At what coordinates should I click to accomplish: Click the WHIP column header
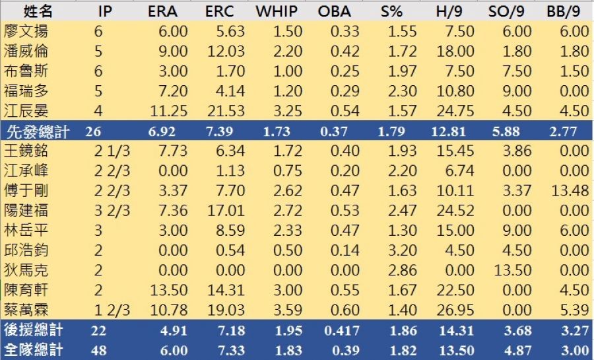[275, 11]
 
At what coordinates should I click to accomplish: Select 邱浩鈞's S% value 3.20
[403, 250]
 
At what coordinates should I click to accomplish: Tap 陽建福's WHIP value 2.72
[282, 211]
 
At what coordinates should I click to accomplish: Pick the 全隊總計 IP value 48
[98, 350]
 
